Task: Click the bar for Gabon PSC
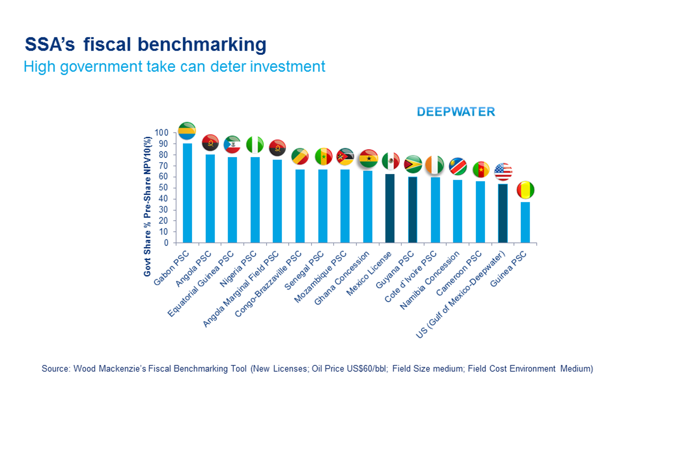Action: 187,193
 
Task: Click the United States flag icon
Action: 503,172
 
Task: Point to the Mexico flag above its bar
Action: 391,161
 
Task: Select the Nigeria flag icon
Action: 255,145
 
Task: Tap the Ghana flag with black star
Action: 369,158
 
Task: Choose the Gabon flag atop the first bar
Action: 187,131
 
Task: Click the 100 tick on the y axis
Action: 161,132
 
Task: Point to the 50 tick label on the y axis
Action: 163,187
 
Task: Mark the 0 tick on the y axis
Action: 166,243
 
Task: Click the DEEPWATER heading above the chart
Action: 456,112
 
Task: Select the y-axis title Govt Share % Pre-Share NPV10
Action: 147,206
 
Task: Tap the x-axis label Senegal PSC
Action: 304,270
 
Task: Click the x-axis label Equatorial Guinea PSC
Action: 200,284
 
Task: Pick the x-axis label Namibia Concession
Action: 430,280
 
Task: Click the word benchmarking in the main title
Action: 202,44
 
